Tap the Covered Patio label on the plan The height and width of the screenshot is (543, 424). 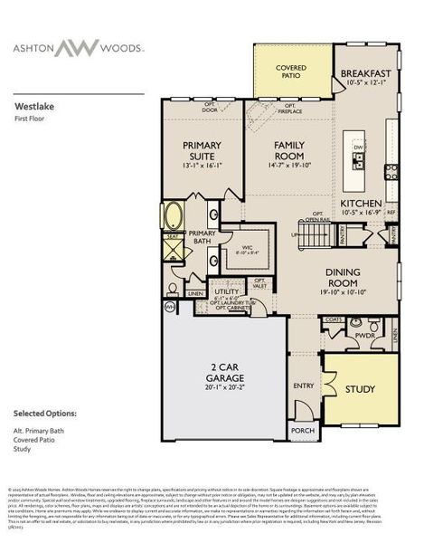pyautogui.click(x=290, y=70)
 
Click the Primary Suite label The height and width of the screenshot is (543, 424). pyautogui.click(x=203, y=150)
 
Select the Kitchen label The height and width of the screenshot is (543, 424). pyautogui.click(x=361, y=204)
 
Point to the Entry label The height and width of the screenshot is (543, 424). pyautogui.click(x=303, y=385)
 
